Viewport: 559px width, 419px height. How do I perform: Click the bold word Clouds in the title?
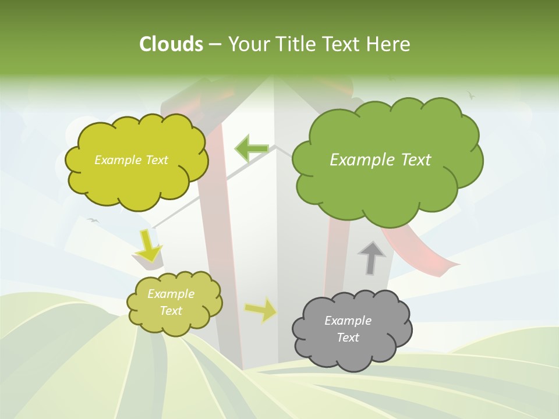pos(171,44)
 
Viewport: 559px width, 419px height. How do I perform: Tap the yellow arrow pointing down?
pos(148,244)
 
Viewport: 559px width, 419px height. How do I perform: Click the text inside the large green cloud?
pos(380,160)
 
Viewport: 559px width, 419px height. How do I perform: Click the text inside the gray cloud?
pos(348,329)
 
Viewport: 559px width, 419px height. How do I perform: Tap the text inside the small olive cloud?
pos(171,302)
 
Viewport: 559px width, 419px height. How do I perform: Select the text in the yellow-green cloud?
pos(131,160)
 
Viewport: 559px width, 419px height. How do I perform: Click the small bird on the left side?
pos(92,220)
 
